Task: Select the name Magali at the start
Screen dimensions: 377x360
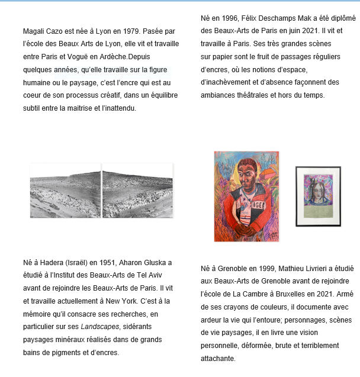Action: pyautogui.click(x=35, y=30)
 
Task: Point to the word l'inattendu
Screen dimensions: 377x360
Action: pyautogui.click(x=117, y=108)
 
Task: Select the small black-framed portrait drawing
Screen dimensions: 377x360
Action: pyautogui.click(x=318, y=196)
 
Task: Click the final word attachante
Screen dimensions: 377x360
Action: pyautogui.click(x=218, y=358)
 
